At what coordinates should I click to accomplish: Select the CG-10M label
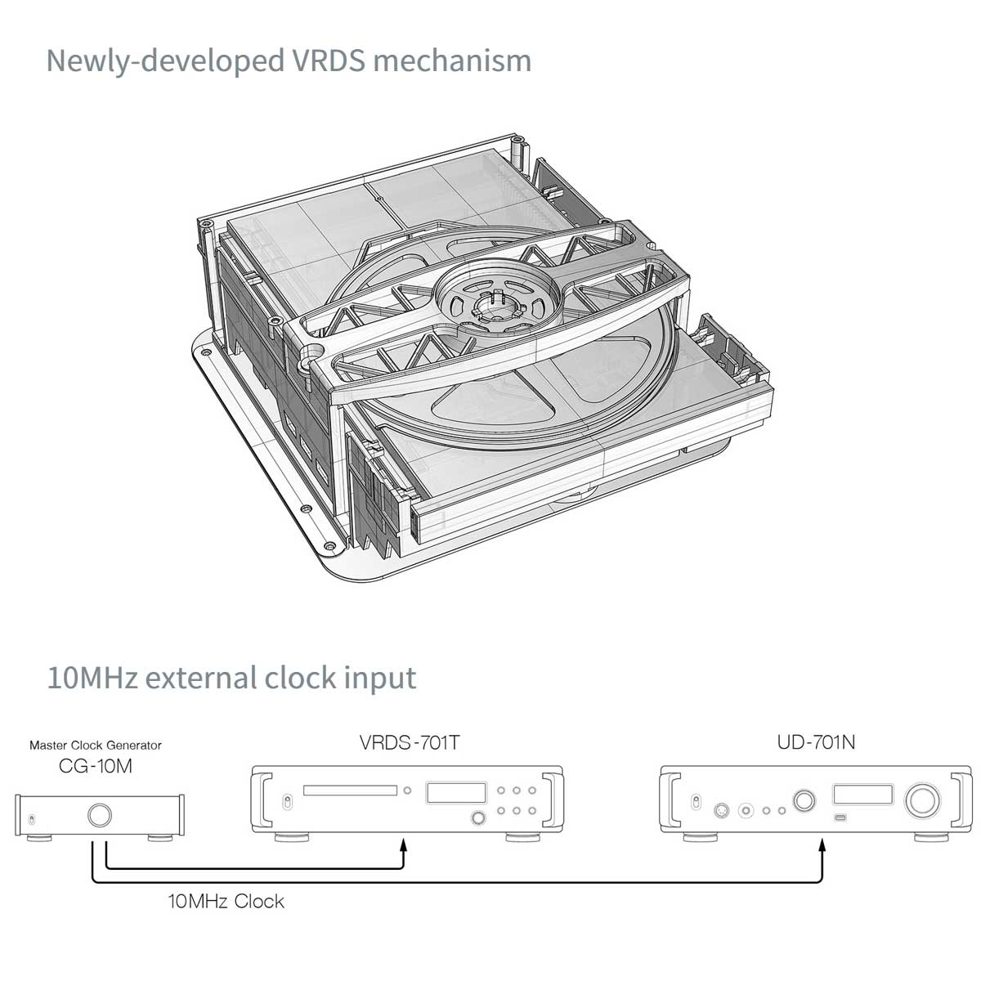96,767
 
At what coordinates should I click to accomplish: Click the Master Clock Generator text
96,746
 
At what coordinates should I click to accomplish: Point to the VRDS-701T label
410,743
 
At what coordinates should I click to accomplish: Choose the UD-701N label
817,743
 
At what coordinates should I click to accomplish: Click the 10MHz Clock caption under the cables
226,902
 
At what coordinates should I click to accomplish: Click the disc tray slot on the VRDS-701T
351,791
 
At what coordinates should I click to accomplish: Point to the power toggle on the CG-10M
32,818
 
